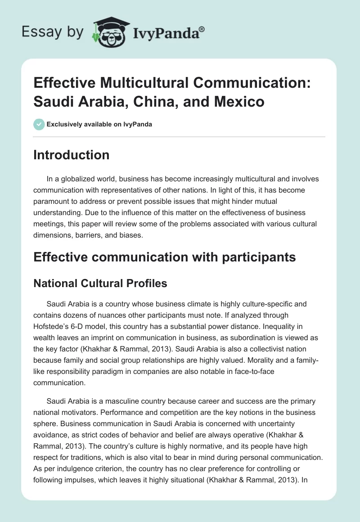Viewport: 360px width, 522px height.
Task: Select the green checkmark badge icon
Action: pos(39,124)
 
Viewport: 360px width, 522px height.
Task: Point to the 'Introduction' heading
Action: pos(72,155)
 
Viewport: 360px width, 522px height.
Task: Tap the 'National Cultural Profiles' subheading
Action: pos(100,283)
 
